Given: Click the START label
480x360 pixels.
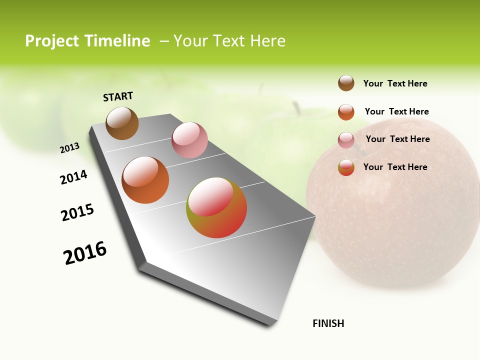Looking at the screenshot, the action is click(x=118, y=96).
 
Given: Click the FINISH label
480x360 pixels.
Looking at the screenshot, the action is click(x=328, y=323).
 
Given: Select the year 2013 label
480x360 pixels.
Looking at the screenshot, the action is click(x=69, y=148).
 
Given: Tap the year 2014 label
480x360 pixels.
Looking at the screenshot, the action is click(x=73, y=177).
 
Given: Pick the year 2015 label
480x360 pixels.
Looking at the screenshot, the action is click(x=77, y=212).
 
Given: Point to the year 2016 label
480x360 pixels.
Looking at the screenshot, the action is click(x=85, y=253).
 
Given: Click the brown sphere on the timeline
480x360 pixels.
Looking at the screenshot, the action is click(x=122, y=123).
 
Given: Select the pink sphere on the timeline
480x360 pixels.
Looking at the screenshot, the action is click(x=189, y=139).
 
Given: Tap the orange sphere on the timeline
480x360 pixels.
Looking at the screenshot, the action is click(x=145, y=179).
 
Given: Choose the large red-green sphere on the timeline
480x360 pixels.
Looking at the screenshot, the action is click(x=216, y=207).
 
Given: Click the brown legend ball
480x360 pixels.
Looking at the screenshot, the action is click(x=346, y=83).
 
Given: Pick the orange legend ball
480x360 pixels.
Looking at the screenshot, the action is click(x=346, y=112).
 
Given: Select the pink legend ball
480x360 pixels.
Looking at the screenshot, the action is click(x=346, y=140).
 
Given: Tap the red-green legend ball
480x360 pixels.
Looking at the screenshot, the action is click(x=346, y=167).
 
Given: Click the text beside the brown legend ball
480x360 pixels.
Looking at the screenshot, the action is click(x=395, y=83).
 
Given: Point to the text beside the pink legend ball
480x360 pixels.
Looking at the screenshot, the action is click(x=397, y=139).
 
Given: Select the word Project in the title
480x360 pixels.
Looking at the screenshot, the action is click(x=52, y=41).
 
